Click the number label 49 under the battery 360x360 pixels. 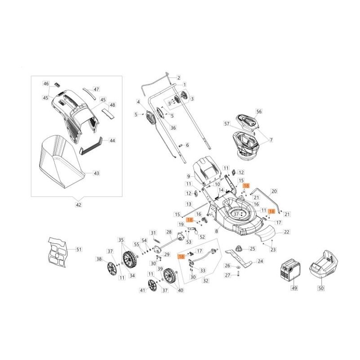(295, 288)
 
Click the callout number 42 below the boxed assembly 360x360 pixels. (78, 205)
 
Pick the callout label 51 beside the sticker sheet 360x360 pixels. (79, 249)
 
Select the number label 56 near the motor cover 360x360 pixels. (259, 111)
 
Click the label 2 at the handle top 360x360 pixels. (179, 78)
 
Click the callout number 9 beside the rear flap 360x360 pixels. (189, 176)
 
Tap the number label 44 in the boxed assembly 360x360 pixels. (112, 141)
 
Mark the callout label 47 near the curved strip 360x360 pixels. (96, 90)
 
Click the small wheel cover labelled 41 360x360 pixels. (153, 286)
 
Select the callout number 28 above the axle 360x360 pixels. (169, 232)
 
